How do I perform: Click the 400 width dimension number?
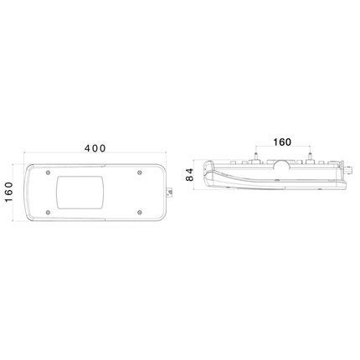pyautogui.click(x=95, y=148)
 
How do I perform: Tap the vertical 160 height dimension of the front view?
pyautogui.click(x=8, y=193)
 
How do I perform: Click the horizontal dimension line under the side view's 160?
pyautogui.click(x=283, y=152)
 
